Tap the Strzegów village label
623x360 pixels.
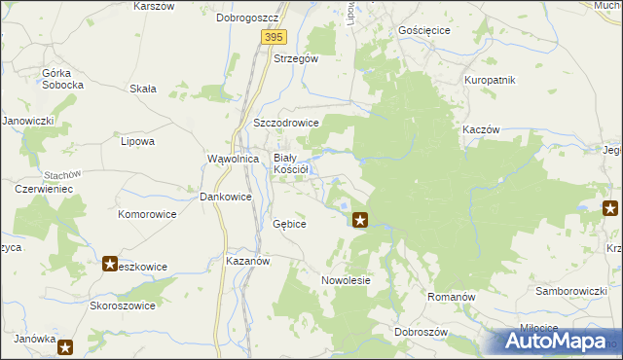296,58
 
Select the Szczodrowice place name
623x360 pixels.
287,124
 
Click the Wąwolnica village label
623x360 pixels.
233,159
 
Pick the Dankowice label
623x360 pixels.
226,197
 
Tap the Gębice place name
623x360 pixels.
290,224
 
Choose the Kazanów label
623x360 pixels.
247,262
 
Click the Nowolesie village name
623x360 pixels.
347,280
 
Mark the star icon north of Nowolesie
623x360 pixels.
360,220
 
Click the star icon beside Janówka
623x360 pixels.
65,346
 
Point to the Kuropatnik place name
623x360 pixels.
490,80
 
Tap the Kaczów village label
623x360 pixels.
482,130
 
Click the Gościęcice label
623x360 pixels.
424,30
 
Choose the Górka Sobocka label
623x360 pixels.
63,79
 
